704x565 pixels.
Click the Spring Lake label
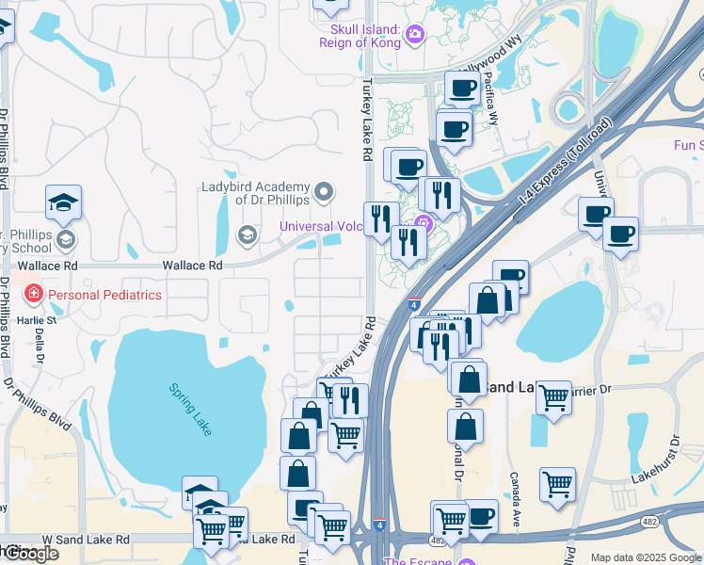(x=190, y=408)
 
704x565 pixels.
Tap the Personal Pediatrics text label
(x=104, y=295)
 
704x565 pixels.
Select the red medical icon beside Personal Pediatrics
(x=34, y=295)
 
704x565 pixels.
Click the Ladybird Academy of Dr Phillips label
(x=256, y=192)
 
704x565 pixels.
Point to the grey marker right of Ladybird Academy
(x=325, y=193)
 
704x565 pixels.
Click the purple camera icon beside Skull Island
(x=415, y=36)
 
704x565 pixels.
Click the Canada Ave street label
(x=516, y=499)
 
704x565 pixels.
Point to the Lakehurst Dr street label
(x=656, y=460)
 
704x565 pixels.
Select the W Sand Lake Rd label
(x=86, y=540)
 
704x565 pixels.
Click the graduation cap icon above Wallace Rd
(x=63, y=202)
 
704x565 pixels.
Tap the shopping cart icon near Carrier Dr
(x=553, y=397)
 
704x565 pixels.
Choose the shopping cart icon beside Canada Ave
(x=557, y=485)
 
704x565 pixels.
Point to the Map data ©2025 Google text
(x=646, y=557)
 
